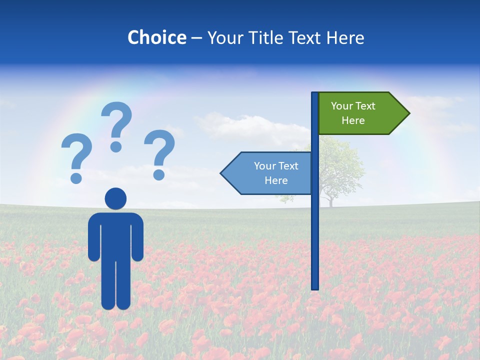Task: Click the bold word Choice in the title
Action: [156, 37]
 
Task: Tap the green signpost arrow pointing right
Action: [360, 113]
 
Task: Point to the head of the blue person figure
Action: [115, 198]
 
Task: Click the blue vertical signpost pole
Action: [315, 225]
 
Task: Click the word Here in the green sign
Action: [353, 120]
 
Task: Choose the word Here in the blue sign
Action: [276, 180]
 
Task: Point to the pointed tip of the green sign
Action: [408, 113]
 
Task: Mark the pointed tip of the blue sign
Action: [221, 173]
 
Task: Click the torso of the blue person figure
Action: [115, 235]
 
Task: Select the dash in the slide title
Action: [196, 38]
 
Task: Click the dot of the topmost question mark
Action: [116, 146]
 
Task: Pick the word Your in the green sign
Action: [342, 106]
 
